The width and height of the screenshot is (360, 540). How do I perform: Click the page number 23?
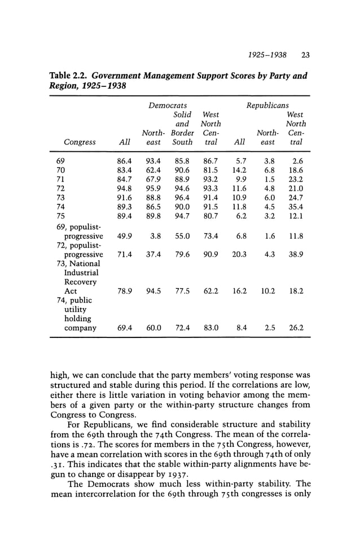pos(306,55)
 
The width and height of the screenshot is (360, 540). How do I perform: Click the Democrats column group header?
pos(168,106)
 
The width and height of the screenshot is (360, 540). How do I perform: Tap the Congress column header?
pos(80,143)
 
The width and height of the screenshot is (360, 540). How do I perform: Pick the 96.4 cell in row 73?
pos(182,197)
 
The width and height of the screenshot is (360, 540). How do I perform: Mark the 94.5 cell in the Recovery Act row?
pos(153,291)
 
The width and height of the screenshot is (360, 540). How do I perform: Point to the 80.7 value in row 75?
pos(210,216)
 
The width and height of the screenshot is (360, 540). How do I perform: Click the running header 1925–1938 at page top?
pos(267,55)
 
